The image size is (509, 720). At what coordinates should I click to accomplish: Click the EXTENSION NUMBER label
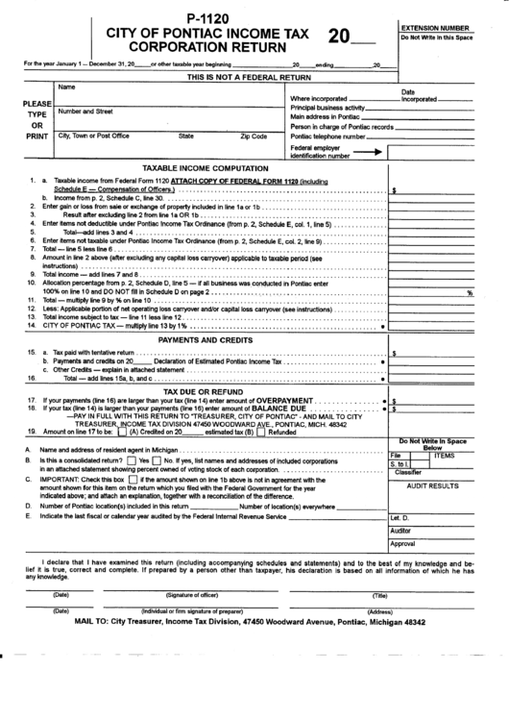pyautogui.click(x=436, y=29)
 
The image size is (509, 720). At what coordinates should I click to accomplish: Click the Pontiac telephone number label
pyautogui.click(x=327, y=137)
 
